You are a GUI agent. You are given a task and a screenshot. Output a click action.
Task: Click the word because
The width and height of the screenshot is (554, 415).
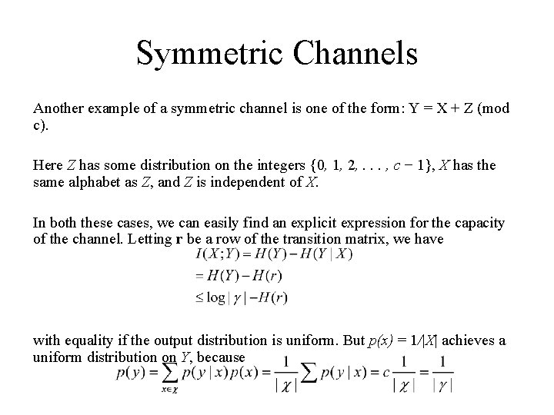click(221, 357)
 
